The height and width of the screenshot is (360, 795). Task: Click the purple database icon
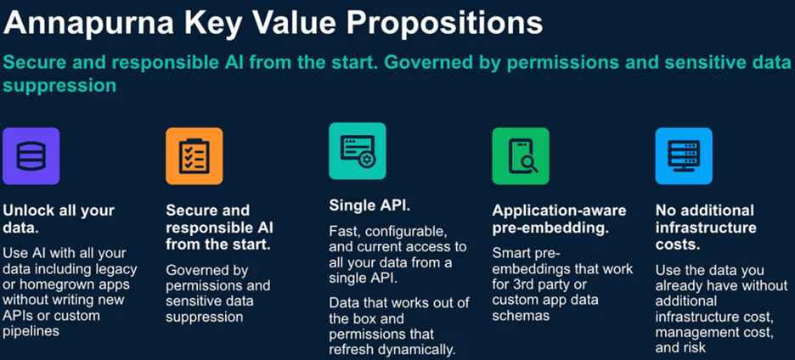31,156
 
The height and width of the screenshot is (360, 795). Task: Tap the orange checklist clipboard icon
195,156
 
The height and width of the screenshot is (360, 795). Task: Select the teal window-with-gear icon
358,151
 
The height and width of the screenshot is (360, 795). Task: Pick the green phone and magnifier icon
521,156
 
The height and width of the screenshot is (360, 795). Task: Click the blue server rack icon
684,156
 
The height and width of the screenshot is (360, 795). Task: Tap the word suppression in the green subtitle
59,86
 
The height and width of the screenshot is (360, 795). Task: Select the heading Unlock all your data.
59,218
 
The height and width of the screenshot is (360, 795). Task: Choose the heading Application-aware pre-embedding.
559,219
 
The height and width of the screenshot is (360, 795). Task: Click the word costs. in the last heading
678,244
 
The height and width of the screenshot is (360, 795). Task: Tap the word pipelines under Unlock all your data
31,332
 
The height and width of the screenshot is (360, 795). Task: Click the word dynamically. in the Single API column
424,351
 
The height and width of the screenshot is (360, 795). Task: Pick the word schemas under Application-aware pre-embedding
521,316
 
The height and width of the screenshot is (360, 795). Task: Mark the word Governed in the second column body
193,270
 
